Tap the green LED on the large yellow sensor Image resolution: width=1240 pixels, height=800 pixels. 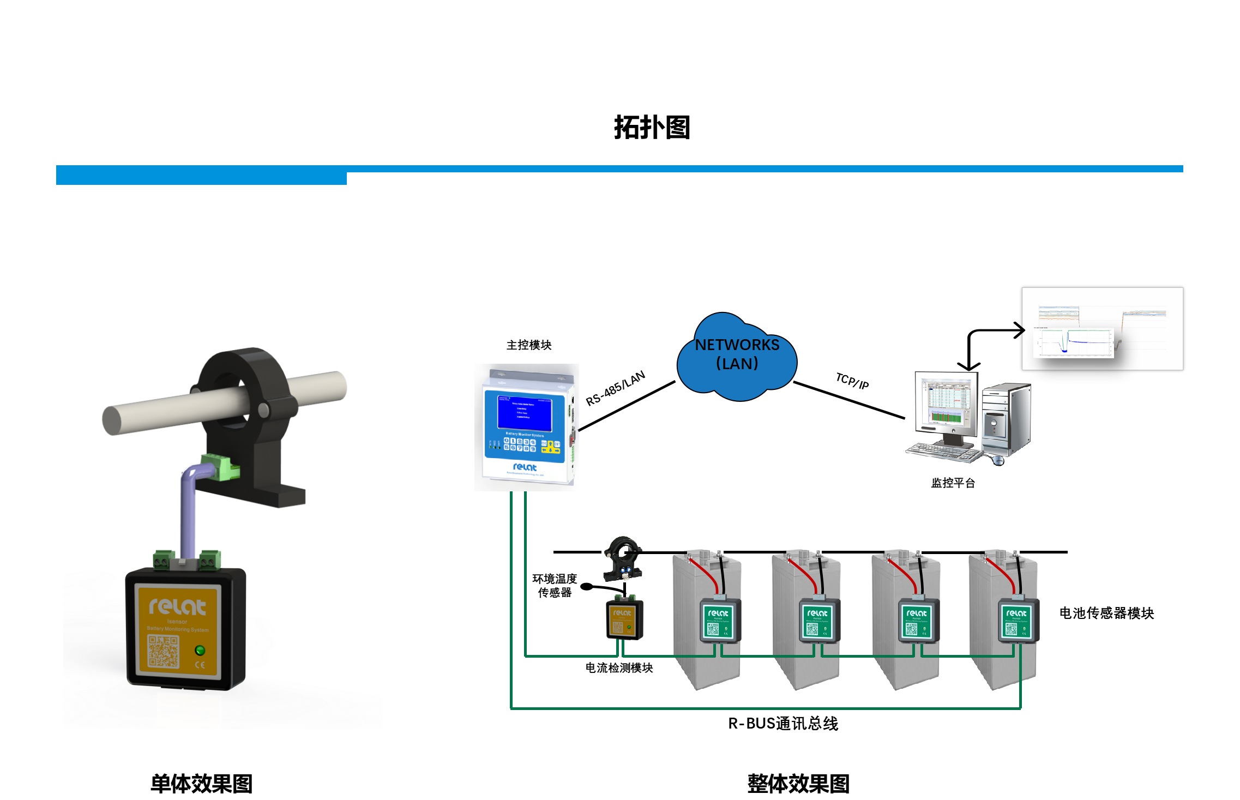pos(200,650)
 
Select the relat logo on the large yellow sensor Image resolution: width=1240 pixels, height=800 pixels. pos(177,606)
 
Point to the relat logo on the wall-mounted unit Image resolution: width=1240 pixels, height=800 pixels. pos(525,467)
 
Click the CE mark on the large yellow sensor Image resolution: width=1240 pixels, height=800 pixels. pos(200,665)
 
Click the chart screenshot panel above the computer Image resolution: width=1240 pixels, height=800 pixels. pos(1102,328)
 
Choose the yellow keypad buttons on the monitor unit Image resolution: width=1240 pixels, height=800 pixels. pos(551,447)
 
